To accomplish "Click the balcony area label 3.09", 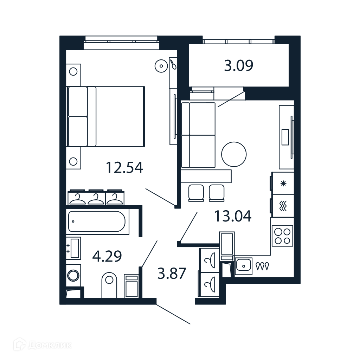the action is pos(239,65).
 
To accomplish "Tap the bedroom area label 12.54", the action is pos(124,167).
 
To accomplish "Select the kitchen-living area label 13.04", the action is pos(233,216).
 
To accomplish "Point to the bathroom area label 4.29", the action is pos(107,256).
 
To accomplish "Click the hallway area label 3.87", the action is pos(172,274).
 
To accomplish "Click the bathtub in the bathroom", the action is pos(97,221).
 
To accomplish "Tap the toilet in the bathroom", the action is pos(109,285).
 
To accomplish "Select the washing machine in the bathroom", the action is pos(73,275).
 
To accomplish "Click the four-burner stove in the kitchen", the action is pos(282,236).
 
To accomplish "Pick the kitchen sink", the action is pos(244,266).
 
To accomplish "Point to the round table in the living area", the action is pos(234,154).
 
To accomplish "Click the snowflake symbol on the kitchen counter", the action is pos(284,184).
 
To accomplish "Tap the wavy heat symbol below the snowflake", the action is pos(284,206).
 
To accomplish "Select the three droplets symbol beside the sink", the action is pos(262,266).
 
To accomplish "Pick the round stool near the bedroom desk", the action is pos(161,66).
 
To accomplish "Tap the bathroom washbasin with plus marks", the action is pos(73,248).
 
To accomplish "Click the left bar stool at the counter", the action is pos(196,193).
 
